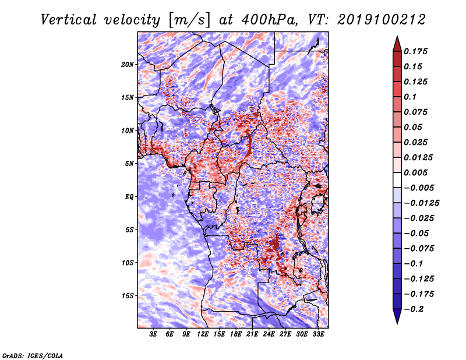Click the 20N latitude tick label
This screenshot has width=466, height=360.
pyautogui.click(x=128, y=64)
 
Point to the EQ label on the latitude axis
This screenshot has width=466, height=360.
pyautogui.click(x=129, y=197)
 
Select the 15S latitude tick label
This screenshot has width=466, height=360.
pyautogui.click(x=128, y=296)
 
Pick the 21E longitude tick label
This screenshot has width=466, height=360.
pyautogui.click(x=252, y=335)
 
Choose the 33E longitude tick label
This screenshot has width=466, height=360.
pyautogui.click(x=318, y=335)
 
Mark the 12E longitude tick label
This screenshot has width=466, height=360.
pyautogui.click(x=203, y=335)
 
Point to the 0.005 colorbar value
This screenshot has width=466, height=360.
pyautogui.click(x=418, y=173)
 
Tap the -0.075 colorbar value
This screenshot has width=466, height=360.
pyautogui.click(x=420, y=248)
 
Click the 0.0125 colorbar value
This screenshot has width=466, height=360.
pyautogui.click(x=419, y=158)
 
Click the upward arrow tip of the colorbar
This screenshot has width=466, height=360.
pyautogui.click(x=396, y=37)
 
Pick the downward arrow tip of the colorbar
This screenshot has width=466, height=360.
pyautogui.click(x=396, y=322)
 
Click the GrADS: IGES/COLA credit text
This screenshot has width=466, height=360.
pyautogui.click(x=32, y=355)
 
